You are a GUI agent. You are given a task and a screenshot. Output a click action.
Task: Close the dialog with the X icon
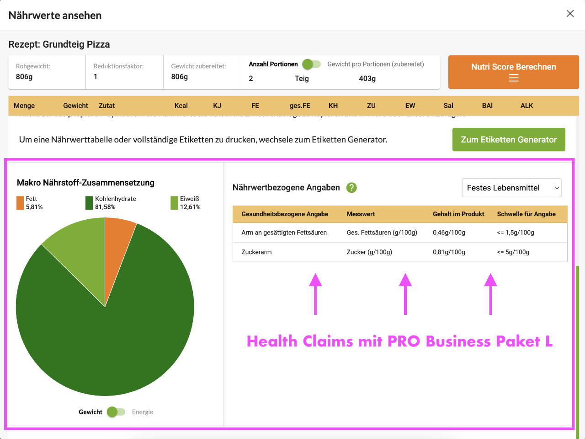(x=570, y=14)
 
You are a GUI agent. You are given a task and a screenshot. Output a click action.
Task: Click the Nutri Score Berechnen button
(x=513, y=72)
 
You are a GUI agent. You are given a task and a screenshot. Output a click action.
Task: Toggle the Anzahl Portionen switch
(x=311, y=65)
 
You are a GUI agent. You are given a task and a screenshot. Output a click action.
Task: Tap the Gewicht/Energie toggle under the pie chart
(x=116, y=412)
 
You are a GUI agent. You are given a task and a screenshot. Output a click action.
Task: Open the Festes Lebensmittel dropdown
(x=511, y=188)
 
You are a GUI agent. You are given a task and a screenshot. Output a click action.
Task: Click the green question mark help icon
(x=351, y=188)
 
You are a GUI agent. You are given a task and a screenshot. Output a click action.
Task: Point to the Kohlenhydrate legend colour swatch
(x=89, y=203)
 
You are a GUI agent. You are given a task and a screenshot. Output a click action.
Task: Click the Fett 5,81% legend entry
(x=30, y=203)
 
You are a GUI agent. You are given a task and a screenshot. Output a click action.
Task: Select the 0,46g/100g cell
(x=449, y=233)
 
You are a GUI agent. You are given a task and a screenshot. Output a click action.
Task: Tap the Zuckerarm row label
(x=256, y=252)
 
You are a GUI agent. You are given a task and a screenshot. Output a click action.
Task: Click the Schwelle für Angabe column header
(x=526, y=214)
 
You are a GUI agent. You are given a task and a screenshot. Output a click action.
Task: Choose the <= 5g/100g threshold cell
(x=513, y=252)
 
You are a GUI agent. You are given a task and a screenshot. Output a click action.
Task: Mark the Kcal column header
(x=181, y=106)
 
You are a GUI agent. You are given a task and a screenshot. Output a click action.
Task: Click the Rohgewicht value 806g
(x=24, y=76)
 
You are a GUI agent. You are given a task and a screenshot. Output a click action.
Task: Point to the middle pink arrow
(x=405, y=293)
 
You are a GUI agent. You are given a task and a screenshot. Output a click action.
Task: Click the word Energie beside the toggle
(x=143, y=412)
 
